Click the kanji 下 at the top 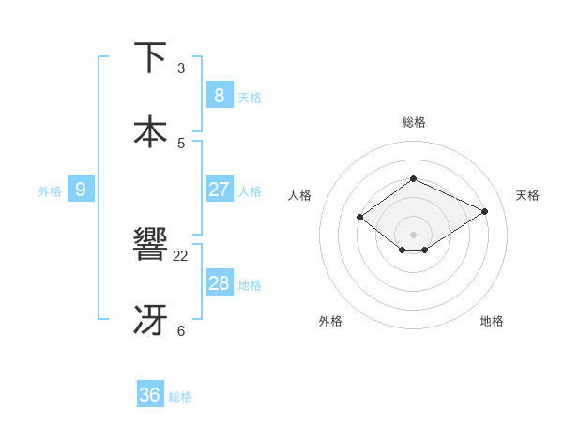click(x=151, y=58)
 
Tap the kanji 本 click(x=151, y=131)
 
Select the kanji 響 click(x=151, y=245)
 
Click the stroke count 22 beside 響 click(x=181, y=255)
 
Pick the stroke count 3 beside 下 click(x=181, y=68)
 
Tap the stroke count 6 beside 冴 click(x=181, y=330)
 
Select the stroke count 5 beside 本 click(x=181, y=143)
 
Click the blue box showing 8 click(x=219, y=95)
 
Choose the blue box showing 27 click(x=219, y=190)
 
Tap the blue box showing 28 click(x=219, y=283)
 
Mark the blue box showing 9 click(x=81, y=190)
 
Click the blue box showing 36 click(x=149, y=395)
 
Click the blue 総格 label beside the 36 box click(x=180, y=397)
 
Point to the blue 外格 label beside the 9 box click(x=50, y=191)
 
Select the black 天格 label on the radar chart click(x=527, y=195)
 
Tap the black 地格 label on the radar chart click(x=492, y=321)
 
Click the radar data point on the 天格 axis click(x=485, y=211)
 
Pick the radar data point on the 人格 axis click(x=359, y=218)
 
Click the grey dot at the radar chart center click(x=413, y=235)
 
